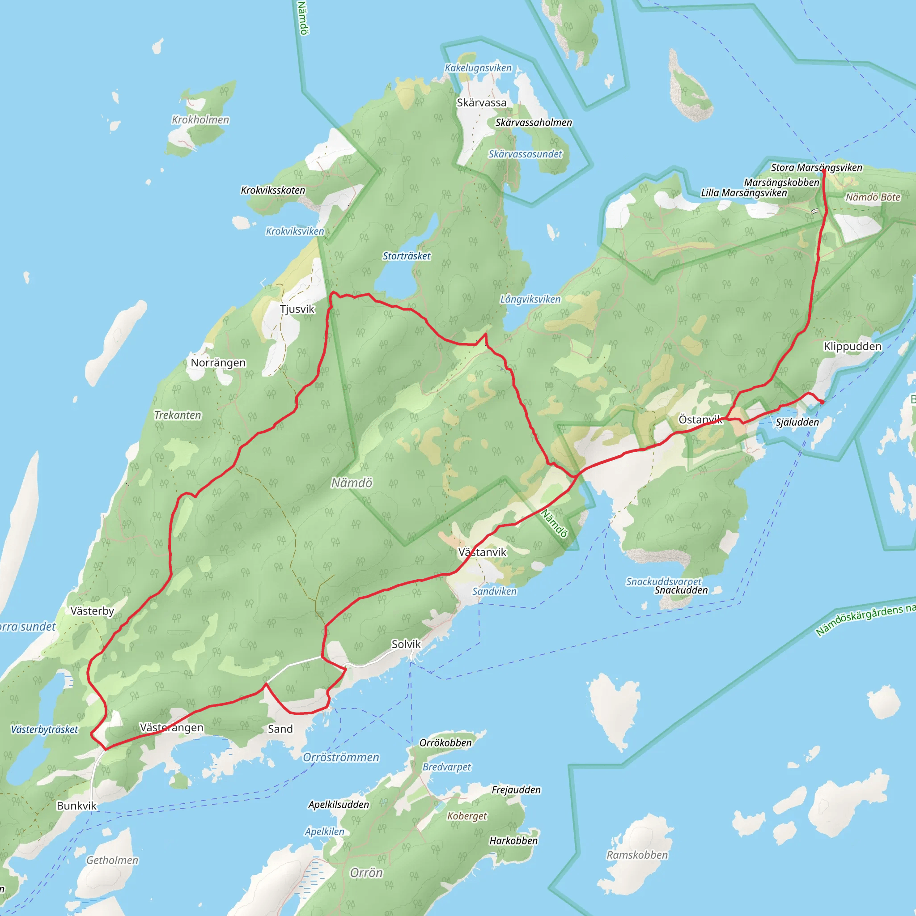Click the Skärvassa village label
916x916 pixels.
coord(481,103)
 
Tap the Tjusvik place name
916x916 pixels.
coord(297,309)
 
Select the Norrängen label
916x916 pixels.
coord(218,363)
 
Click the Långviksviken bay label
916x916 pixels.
coord(530,299)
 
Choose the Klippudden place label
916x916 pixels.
coord(852,347)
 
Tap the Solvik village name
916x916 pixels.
coord(406,644)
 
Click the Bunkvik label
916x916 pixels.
coord(76,806)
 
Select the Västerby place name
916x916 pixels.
coord(92,611)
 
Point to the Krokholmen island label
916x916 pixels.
coord(200,119)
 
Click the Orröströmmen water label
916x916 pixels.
coord(341,757)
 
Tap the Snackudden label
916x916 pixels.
coord(681,590)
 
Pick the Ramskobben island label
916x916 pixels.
coord(637,855)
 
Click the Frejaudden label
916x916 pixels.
coord(516,790)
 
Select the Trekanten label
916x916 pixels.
coord(177,416)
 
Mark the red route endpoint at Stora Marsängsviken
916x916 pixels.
coord(823,171)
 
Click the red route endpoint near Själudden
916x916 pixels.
coord(822,402)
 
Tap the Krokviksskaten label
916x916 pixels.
coord(273,190)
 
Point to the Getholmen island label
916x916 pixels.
coord(112,860)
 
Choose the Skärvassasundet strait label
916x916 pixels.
coord(525,154)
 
